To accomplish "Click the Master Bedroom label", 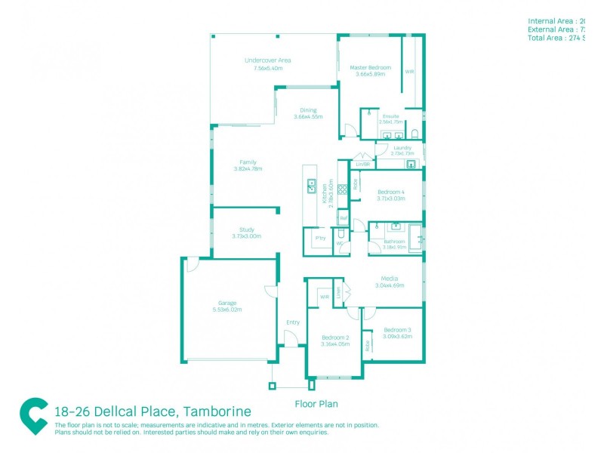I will click(370, 67).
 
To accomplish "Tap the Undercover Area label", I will click(268, 60).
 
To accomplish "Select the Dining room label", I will click(308, 110).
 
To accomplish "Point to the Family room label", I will click(248, 162).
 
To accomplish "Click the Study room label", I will click(247, 230).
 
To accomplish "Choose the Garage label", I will click(227, 303).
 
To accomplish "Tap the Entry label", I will click(293, 322).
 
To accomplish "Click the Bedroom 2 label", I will click(334, 337).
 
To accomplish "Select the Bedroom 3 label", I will click(397, 330).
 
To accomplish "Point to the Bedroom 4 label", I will click(392, 192).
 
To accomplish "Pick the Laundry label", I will click(402, 147).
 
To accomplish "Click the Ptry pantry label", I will click(319, 237).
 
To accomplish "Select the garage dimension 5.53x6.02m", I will click(227, 310).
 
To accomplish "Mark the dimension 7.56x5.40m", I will click(268, 68).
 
